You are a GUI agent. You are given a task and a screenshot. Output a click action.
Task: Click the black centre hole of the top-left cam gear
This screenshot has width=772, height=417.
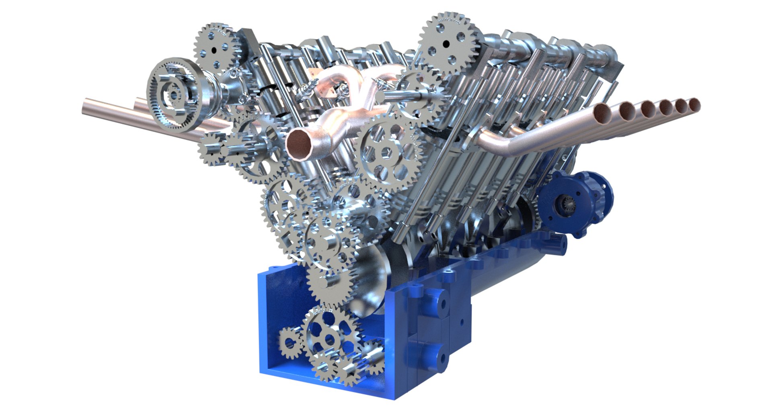point(214,49)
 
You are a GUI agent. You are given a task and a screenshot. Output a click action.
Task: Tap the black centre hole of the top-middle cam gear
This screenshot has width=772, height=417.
point(446,43)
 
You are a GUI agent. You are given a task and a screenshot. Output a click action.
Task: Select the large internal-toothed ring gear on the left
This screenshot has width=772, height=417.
point(174,95)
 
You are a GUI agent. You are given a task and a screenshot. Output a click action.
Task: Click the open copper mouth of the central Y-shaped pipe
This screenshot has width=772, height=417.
point(298,142)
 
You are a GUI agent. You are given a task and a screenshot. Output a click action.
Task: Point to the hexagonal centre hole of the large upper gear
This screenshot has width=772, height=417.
point(386,153)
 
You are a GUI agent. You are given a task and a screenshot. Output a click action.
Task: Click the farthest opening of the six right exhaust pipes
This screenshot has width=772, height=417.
point(695,104)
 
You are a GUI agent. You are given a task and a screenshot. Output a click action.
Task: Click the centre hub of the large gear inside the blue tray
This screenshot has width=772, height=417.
point(329,338)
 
